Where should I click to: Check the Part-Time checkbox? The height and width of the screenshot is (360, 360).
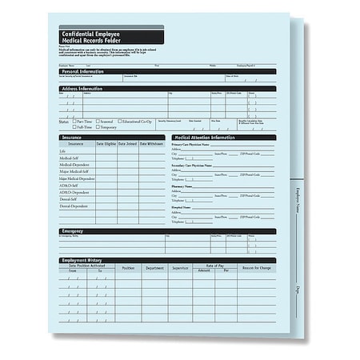[x=74, y=121]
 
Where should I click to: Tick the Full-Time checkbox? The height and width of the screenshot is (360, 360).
[x=74, y=127]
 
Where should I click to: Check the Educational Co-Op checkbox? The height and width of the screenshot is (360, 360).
[x=121, y=121]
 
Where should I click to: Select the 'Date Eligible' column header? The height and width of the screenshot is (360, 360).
[x=106, y=144]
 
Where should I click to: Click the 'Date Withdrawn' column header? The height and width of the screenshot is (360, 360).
[x=151, y=144]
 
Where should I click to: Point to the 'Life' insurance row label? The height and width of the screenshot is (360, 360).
[x=63, y=151]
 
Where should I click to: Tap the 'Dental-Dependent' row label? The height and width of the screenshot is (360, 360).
[x=74, y=206]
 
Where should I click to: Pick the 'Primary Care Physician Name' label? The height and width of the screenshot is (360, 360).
[x=192, y=145]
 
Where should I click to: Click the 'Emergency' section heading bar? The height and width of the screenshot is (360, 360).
[x=73, y=231]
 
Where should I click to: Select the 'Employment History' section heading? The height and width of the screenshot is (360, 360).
[x=84, y=260]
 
